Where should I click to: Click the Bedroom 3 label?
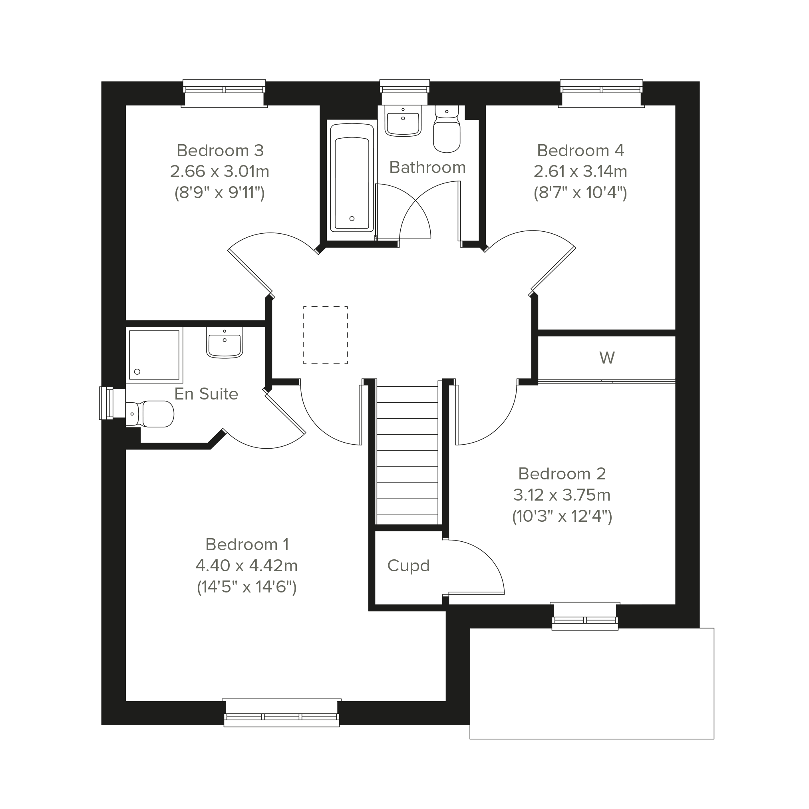pos(220,150)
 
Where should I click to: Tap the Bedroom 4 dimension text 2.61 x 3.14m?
pos(580,171)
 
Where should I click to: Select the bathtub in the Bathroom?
pos(352,177)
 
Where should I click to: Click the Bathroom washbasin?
pos(403,121)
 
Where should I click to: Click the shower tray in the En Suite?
pos(155,355)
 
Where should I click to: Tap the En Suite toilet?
pos(149,414)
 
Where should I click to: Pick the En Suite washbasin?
pos(225,342)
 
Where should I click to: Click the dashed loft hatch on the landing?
pos(325,335)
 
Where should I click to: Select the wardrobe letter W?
pos(607,358)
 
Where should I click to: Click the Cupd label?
pos(409,566)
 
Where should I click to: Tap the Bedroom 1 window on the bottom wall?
pos(282,713)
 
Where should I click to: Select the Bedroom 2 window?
pos(585,616)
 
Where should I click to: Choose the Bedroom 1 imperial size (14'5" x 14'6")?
pos(247,587)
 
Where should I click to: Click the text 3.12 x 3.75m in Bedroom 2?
pos(562,495)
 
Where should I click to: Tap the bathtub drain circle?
pos(352,219)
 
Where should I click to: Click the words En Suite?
pos(207,394)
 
